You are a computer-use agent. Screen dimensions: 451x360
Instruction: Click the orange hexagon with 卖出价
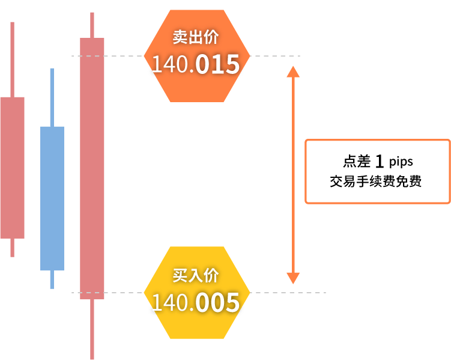click(197, 56)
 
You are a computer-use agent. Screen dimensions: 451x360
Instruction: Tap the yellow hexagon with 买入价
click(197, 292)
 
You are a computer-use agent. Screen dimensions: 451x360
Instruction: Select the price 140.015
click(196, 64)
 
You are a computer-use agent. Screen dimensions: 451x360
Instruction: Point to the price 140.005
click(196, 302)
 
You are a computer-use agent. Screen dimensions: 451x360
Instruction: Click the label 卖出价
click(196, 37)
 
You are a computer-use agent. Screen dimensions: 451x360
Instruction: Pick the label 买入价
click(196, 275)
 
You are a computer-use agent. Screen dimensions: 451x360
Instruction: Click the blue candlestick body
click(52, 198)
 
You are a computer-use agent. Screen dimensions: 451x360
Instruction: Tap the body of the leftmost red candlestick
click(13, 168)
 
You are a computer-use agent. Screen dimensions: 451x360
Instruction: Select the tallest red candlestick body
click(92, 168)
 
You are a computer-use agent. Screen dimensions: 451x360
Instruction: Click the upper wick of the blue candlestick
click(52, 97)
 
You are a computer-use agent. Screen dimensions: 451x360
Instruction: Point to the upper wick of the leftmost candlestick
click(13, 59)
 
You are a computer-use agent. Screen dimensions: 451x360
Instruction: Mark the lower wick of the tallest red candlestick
click(92, 329)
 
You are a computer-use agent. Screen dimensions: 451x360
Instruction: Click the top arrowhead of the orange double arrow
click(293, 72)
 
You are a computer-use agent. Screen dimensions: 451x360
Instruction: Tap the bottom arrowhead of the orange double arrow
click(293, 278)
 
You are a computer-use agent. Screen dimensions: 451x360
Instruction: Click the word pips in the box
click(401, 162)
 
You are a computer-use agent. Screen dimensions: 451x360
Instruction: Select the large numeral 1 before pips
click(380, 161)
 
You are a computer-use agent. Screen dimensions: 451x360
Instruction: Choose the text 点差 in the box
click(357, 161)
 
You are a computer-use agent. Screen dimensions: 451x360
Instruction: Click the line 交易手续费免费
click(376, 182)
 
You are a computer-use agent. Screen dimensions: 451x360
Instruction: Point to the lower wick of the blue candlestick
click(52, 279)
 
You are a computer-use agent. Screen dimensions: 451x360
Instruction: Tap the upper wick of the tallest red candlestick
click(92, 25)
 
